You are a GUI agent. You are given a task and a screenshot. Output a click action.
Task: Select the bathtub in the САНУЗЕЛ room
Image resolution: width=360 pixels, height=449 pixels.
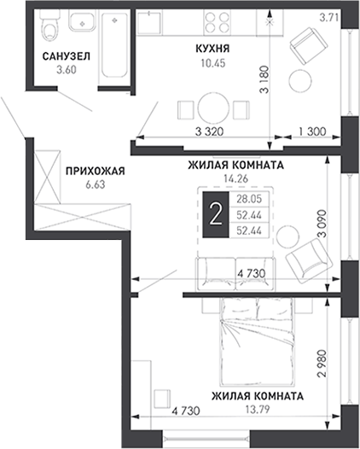pyautogui.click(x=114, y=44)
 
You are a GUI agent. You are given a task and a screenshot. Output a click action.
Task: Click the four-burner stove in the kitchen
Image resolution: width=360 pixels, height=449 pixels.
pyautogui.click(x=218, y=22)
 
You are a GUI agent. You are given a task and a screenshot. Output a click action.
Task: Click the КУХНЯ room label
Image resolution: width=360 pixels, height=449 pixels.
pyautogui.click(x=212, y=49)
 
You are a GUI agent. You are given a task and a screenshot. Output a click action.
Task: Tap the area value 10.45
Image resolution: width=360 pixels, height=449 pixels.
pyautogui.click(x=213, y=63)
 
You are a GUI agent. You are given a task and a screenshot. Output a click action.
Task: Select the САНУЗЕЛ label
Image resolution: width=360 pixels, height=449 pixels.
pyautogui.click(x=67, y=56)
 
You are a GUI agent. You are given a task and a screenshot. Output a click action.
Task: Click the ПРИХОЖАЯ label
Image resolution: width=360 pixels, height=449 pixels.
pyautogui.click(x=96, y=172)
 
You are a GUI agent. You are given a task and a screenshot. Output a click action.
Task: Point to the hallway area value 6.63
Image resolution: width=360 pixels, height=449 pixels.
pyautogui.click(x=96, y=184)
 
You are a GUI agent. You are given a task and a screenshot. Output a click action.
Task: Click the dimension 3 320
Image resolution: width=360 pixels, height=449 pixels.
pyautogui.click(x=209, y=132)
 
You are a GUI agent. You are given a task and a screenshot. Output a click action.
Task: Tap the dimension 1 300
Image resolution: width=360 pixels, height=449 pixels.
pyautogui.click(x=312, y=131)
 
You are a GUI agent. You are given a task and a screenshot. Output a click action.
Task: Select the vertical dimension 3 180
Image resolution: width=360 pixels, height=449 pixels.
pyautogui.click(x=264, y=79)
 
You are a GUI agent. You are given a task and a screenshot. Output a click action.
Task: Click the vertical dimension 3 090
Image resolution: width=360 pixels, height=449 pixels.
pyautogui.click(x=322, y=224)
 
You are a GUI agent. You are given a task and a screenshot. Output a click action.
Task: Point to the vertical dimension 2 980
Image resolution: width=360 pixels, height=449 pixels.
pyautogui.click(x=322, y=363)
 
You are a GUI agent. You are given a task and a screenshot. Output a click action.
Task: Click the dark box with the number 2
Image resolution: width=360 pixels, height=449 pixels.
pyautogui.click(x=216, y=215)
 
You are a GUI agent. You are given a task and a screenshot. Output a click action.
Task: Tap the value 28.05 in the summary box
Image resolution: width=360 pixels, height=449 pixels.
pyautogui.click(x=249, y=199)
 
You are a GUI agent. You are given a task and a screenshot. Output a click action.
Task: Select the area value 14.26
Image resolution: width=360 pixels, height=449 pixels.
pyautogui.click(x=235, y=179)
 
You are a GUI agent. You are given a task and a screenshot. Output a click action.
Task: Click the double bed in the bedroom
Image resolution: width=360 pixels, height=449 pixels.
pyautogui.click(x=258, y=342)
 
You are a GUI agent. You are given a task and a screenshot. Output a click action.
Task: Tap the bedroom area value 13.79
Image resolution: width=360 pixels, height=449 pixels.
pyautogui.click(x=258, y=409)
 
